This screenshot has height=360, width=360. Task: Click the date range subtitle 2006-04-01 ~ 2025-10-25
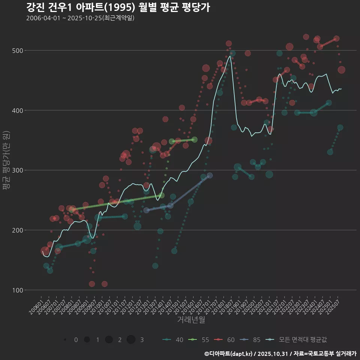coord(80,18)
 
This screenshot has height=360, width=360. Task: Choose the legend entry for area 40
coord(173,340)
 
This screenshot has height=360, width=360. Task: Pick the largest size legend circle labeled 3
coord(131,340)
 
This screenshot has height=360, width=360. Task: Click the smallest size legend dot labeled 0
coord(65,340)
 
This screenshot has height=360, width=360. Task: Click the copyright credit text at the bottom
coord(280,354)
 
